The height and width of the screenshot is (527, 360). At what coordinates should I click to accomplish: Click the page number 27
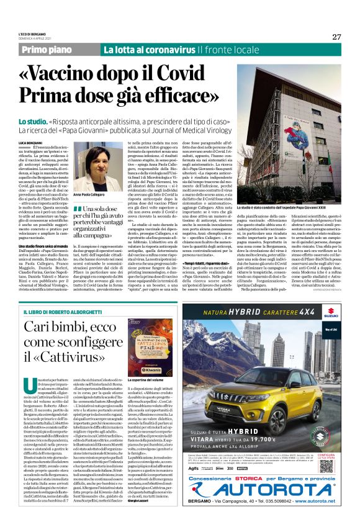pyautogui.click(x=336, y=37)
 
